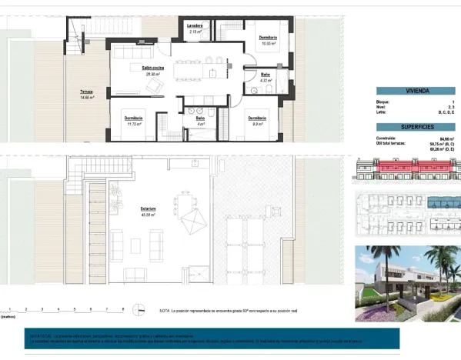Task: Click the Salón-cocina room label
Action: coord(139,68)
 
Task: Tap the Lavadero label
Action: coord(195,25)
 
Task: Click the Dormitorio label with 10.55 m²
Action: coord(267,38)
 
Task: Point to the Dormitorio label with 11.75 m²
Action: coord(133,118)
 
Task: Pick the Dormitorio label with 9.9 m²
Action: coord(257,118)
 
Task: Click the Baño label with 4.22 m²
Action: coord(265,74)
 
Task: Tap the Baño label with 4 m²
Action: coord(200,118)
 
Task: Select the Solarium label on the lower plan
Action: coord(149,208)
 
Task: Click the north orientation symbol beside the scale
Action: coord(137,309)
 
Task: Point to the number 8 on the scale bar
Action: coord(123,308)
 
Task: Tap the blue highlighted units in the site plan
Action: coord(443,202)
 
